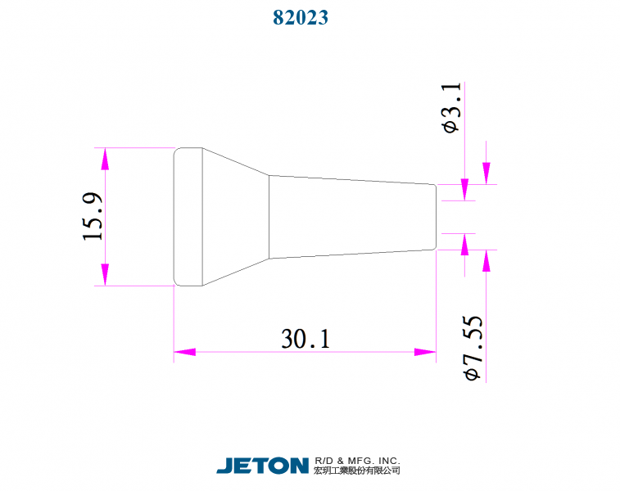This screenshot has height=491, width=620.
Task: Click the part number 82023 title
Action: pyautogui.click(x=301, y=17)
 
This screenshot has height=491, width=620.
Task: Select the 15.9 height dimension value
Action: pyautogui.click(x=93, y=217)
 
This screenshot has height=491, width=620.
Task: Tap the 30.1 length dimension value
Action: pyautogui.click(x=305, y=338)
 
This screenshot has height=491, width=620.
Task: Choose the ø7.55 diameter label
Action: pyautogui.click(x=473, y=348)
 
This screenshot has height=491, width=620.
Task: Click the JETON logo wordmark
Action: pyautogui.click(x=262, y=466)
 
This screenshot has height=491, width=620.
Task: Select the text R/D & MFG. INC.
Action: pyautogui.click(x=357, y=461)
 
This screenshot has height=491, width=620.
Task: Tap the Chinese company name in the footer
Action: pyautogui.click(x=357, y=471)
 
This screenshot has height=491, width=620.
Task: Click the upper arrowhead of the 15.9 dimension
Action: pyautogui.click(x=105, y=159)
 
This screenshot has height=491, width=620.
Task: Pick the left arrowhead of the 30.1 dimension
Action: pyautogui.click(x=185, y=352)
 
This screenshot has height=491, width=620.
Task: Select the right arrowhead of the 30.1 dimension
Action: pyautogui.click(x=425, y=352)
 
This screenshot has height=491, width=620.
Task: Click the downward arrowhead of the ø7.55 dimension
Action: pyautogui.click(x=486, y=173)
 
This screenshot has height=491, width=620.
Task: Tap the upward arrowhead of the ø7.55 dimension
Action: pyautogui.click(x=486, y=260)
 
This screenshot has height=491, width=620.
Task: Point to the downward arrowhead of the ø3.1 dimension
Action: pyautogui.click(x=465, y=190)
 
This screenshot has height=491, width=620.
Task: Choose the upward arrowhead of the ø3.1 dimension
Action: pyautogui.click(x=465, y=244)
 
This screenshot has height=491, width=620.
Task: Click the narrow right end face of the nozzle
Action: pyautogui.click(x=436, y=217)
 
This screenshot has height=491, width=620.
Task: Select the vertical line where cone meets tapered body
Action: pyautogui.click(x=269, y=217)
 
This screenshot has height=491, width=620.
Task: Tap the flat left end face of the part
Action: pyautogui.click(x=174, y=217)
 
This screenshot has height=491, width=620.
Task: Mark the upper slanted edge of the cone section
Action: pyautogui.click(x=236, y=162)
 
